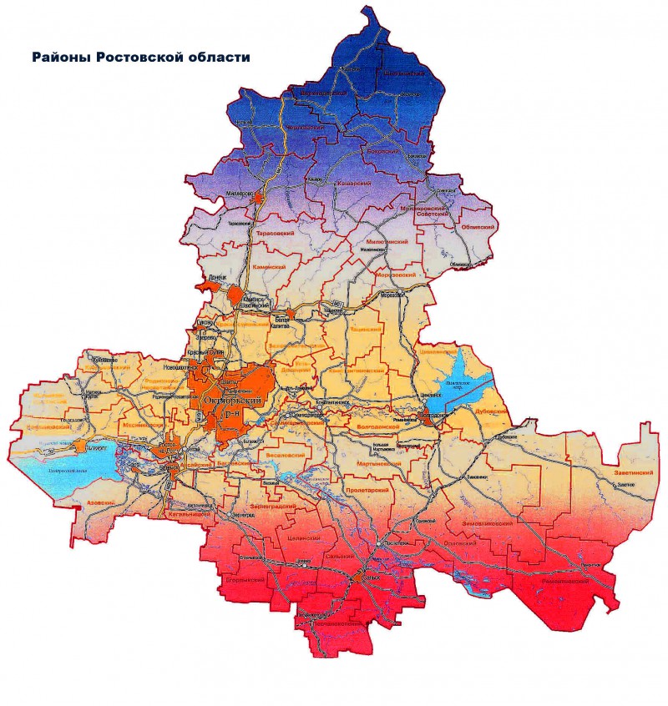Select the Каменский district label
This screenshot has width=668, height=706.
[269, 267]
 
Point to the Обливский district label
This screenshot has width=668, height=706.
[478, 227]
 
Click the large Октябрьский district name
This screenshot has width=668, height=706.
[233, 402]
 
